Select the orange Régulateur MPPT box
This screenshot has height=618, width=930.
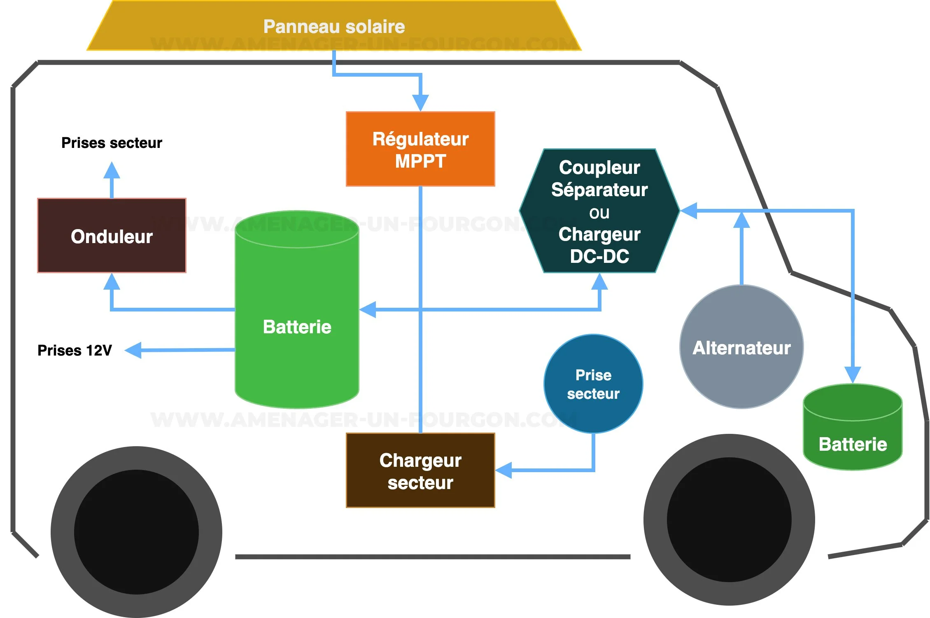click(x=420, y=149)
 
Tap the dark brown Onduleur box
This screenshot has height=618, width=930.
click(x=112, y=236)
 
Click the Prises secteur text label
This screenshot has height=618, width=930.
click(x=112, y=143)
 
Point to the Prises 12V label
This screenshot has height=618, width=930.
click(x=75, y=350)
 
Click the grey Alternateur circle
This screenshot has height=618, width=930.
click(x=741, y=347)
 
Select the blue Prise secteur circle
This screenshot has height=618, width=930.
click(x=593, y=384)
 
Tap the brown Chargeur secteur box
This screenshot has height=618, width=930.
click(x=420, y=471)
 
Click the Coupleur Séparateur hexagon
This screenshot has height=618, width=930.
click(x=599, y=211)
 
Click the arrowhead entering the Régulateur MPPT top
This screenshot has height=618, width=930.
click(x=420, y=102)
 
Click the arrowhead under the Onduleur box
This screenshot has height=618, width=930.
click(x=112, y=282)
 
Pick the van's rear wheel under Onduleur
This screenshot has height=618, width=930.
click(x=136, y=532)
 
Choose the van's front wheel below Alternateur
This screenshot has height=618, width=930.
click(x=729, y=520)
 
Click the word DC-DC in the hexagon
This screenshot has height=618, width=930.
click(x=599, y=256)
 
